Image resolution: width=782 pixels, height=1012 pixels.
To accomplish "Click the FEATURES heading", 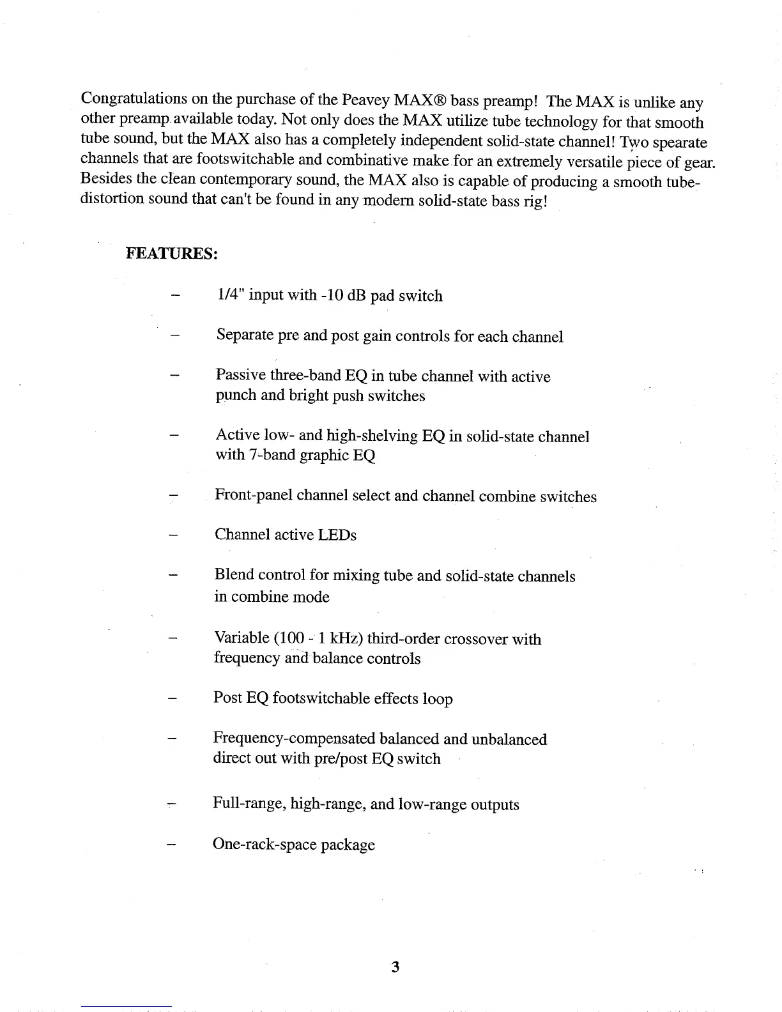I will (x=172, y=254).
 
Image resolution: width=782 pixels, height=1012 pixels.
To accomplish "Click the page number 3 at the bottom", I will (x=395, y=967).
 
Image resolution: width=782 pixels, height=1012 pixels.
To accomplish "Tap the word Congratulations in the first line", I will (x=134, y=99).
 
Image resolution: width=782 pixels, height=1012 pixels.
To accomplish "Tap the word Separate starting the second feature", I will (x=245, y=335).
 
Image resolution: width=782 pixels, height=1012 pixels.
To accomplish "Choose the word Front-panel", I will (x=254, y=495).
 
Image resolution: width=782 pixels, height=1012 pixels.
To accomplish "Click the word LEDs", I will (x=337, y=535).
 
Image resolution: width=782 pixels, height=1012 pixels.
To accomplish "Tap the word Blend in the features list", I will (x=234, y=574).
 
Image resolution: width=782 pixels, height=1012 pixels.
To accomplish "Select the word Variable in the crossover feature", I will (x=241, y=638).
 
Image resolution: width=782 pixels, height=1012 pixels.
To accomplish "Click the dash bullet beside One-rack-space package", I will (x=171, y=845).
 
